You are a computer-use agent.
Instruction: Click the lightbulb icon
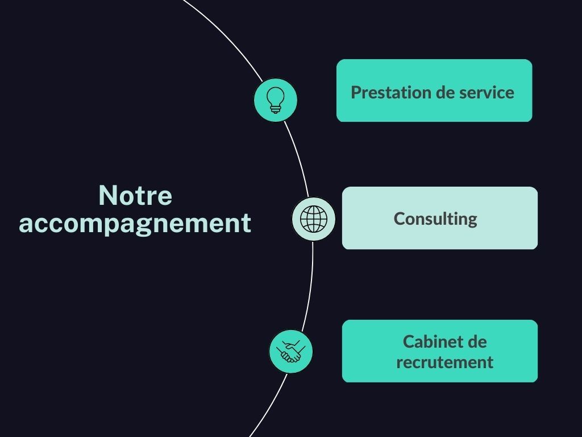pyautogui.click(x=275, y=100)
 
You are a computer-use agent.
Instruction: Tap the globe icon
pyautogui.click(x=314, y=218)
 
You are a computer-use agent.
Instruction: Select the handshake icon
pyautogui.click(x=291, y=352)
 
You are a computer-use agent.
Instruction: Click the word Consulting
pyautogui.click(x=435, y=218)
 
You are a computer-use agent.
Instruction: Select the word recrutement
pyautogui.click(x=444, y=362)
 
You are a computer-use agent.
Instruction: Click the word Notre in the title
pyautogui.click(x=135, y=196)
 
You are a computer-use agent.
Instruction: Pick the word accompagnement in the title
pyautogui.click(x=135, y=223)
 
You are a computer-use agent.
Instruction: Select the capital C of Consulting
pyautogui.click(x=398, y=218)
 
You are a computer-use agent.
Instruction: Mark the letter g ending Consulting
pyautogui.click(x=472, y=221)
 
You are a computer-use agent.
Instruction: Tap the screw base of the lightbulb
pyautogui.click(x=275, y=109)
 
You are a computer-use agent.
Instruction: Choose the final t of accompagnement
pyautogui.click(x=247, y=223)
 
